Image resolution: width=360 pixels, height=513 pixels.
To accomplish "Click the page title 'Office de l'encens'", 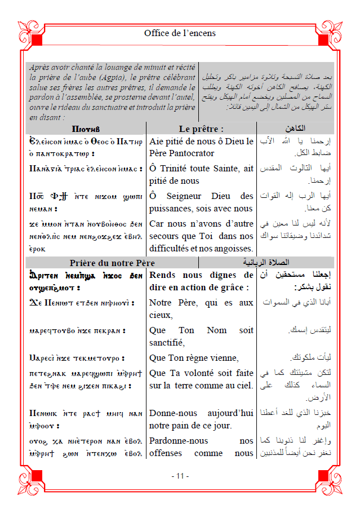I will (x=180, y=33).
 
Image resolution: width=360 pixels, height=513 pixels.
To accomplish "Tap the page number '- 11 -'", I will (x=180, y=476).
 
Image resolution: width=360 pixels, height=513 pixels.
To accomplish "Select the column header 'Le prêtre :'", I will (x=201, y=129).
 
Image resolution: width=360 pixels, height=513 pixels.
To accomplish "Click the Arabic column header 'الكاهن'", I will (x=296, y=129).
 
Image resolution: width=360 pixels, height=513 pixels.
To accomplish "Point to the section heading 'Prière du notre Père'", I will (x=112, y=263).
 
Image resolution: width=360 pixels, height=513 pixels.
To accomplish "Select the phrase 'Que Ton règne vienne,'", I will (x=194, y=358).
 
